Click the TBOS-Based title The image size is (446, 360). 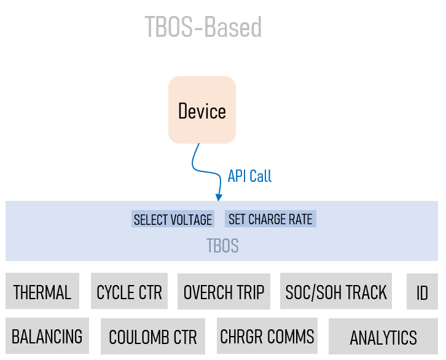203,28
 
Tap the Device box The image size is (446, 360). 202,111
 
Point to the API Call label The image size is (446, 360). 249,176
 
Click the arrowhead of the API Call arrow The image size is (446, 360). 218,197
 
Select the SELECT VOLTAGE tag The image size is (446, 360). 173,220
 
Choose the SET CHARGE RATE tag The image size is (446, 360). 270,219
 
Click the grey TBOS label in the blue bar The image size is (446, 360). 222,247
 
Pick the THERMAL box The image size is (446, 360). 42,291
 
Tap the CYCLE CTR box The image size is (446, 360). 130,292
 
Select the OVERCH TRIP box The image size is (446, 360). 224,292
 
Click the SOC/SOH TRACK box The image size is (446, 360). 336,292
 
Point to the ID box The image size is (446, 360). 422,292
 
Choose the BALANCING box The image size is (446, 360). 47,337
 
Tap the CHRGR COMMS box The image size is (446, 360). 267,337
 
